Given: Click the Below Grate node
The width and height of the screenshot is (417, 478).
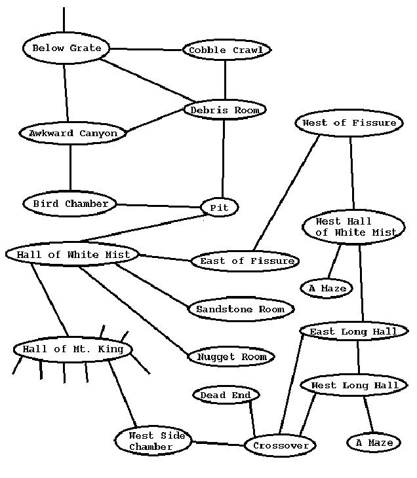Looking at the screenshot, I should (66, 48).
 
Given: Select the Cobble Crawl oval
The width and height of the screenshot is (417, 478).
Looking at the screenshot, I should (226, 50).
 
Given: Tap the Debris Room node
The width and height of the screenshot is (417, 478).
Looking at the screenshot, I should (225, 110).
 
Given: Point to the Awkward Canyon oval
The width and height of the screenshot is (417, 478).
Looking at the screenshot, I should (73, 133).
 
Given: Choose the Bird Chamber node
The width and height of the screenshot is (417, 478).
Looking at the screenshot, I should (70, 204).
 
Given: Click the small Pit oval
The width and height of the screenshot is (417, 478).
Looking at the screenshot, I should (219, 208).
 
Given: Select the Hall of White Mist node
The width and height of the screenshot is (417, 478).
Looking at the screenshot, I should (73, 254).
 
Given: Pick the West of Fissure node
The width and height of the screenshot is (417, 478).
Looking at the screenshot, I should (349, 122).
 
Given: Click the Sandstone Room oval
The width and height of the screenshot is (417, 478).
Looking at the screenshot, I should (241, 309).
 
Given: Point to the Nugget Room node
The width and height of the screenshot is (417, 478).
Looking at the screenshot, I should (231, 357).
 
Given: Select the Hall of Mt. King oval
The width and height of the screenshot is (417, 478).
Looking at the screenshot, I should (73, 349).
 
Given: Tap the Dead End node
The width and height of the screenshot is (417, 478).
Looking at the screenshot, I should (226, 395).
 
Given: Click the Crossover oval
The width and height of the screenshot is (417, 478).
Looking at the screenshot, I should (280, 445).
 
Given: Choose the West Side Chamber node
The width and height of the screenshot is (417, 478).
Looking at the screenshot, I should (153, 441).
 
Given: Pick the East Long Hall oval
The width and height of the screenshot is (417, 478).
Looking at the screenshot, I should (353, 331).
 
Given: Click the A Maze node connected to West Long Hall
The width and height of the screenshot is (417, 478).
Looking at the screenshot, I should (374, 443).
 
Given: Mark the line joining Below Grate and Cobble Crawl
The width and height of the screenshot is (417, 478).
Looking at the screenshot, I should (146, 49).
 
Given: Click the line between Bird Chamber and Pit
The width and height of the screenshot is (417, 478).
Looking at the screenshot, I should (158, 206).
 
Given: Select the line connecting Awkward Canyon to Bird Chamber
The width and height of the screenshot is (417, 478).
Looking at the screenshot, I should (70, 168).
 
